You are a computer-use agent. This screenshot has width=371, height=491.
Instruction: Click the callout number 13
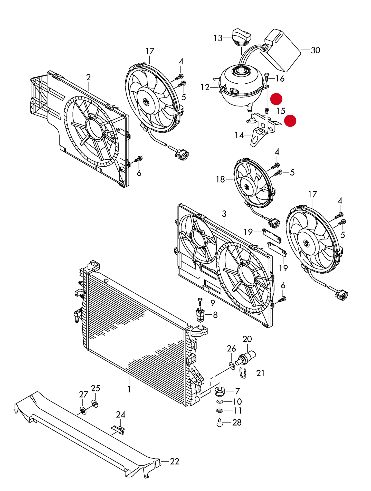(218, 38)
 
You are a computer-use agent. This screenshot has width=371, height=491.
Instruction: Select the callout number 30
(315, 50)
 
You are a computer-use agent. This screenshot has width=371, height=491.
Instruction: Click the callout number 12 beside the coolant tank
(205, 88)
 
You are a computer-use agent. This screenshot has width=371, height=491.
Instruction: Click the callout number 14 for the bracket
(239, 135)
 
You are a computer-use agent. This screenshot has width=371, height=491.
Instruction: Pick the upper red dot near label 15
(276, 99)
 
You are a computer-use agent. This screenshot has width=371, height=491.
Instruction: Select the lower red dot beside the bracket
(290, 121)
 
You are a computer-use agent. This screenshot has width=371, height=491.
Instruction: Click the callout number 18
(220, 179)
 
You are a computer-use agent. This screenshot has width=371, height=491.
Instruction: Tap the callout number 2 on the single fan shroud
(88, 77)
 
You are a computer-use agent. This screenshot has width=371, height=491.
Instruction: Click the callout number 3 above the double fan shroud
(224, 214)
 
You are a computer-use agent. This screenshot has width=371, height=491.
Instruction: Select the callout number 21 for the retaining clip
(260, 373)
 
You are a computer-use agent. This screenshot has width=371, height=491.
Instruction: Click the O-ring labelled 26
(232, 365)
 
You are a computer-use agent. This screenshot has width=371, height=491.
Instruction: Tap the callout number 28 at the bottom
(237, 422)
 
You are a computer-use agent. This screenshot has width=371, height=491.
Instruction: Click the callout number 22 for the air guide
(175, 461)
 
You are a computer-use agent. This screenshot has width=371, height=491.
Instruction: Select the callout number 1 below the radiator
(129, 389)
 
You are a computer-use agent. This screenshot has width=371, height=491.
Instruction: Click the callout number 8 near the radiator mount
(215, 315)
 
